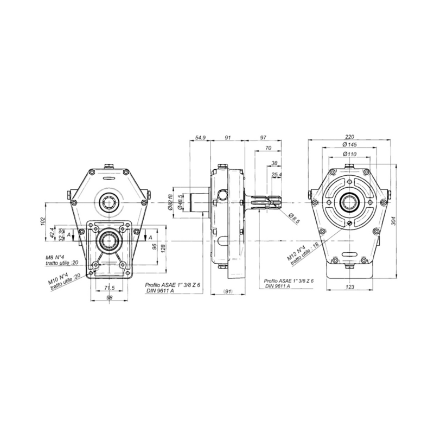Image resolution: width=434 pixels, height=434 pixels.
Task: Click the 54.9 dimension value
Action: click(x=200, y=138)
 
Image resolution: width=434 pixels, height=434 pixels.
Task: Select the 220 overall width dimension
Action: click(x=349, y=137)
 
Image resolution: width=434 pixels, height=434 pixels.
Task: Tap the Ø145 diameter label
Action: click(x=349, y=144)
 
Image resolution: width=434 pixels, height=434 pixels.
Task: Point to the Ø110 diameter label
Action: click(x=349, y=154)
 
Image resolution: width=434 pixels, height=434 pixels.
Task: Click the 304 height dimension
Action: click(x=394, y=221)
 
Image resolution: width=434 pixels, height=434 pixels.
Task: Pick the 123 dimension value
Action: click(x=350, y=287)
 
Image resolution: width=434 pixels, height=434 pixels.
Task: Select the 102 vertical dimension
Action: click(x=43, y=221)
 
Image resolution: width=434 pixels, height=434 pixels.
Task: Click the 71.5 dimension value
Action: click(x=110, y=288)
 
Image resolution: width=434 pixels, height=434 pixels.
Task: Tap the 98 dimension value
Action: click(x=110, y=297)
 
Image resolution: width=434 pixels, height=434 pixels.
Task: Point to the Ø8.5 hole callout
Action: click(x=294, y=219)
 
